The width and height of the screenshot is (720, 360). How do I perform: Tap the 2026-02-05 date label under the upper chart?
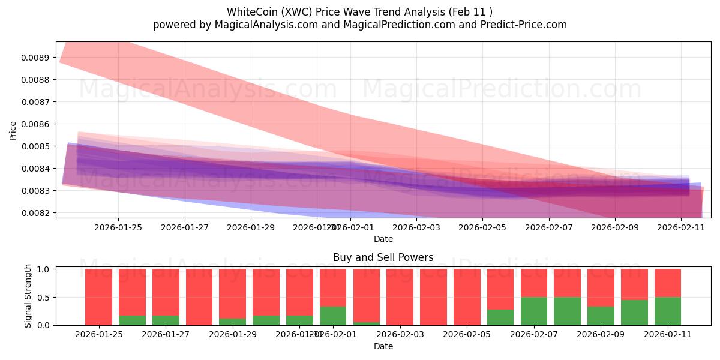coord(483,227)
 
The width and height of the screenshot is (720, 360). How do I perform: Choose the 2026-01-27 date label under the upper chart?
coord(185,227)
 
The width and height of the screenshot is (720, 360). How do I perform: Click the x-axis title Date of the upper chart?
coord(383,239)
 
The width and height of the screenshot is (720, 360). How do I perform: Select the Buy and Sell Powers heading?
coord(383,258)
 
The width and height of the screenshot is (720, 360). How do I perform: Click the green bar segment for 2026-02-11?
coord(667,311)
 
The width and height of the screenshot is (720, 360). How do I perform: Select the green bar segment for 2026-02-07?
coord(533,311)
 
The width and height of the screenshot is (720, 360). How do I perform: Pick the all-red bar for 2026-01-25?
coord(98,297)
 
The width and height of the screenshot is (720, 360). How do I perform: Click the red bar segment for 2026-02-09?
coord(601,288)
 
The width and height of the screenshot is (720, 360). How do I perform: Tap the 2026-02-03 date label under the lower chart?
coord(399,334)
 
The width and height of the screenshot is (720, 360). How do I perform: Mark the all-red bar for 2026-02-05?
coord(466,297)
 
